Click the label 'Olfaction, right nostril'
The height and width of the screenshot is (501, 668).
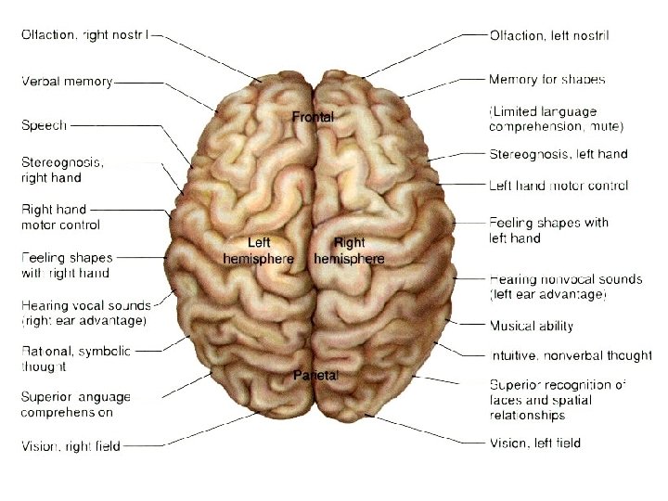(83, 35)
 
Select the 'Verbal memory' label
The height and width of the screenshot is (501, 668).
(67, 81)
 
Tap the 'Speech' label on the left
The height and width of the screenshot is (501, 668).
(44, 124)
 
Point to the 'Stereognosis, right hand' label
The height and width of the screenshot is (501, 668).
(63, 169)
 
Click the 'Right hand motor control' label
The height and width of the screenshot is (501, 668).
(60, 217)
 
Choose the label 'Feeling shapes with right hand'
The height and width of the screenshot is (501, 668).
(66, 265)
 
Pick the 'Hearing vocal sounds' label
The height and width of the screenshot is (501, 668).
(83, 313)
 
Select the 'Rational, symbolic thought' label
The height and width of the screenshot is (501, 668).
(76, 358)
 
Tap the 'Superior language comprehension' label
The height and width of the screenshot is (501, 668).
(76, 405)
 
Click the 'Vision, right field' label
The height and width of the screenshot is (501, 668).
(71, 446)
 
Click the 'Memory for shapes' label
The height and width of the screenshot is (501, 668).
(546, 80)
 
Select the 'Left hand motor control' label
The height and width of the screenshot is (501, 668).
(559, 186)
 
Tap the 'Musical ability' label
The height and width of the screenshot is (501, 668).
(532, 326)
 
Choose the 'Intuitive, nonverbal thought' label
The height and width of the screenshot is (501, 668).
(570, 355)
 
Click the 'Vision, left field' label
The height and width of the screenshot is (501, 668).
(535, 443)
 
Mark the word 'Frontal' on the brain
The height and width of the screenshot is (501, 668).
(313, 117)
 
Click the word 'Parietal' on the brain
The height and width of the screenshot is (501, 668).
(315, 376)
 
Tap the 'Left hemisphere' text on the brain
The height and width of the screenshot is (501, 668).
(258, 250)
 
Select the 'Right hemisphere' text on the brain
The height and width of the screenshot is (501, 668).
(349, 250)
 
